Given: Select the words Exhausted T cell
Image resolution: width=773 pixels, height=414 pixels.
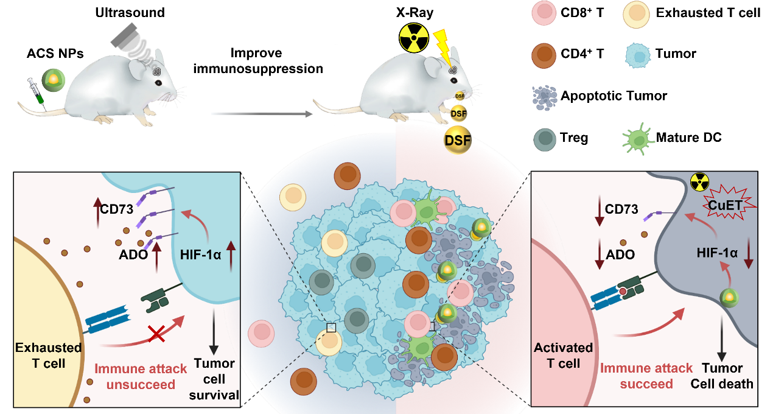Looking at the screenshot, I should pyautogui.click(x=49, y=355).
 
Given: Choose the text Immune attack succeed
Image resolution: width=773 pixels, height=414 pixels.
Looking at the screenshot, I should pyautogui.click(x=646, y=376).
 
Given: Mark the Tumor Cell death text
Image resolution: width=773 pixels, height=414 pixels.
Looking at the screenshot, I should pyautogui.click(x=722, y=376).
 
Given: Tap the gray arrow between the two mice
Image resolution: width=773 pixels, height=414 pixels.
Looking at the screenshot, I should pyautogui.click(x=262, y=113).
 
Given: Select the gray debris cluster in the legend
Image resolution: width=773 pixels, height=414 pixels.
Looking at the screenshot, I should pyautogui.click(x=547, y=97).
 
